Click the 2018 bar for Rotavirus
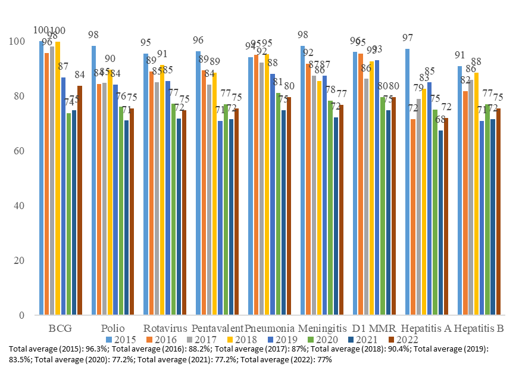[x=162, y=190]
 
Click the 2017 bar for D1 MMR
[x=366, y=197]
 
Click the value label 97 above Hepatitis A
[x=408, y=38]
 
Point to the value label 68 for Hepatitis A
[x=440, y=119]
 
